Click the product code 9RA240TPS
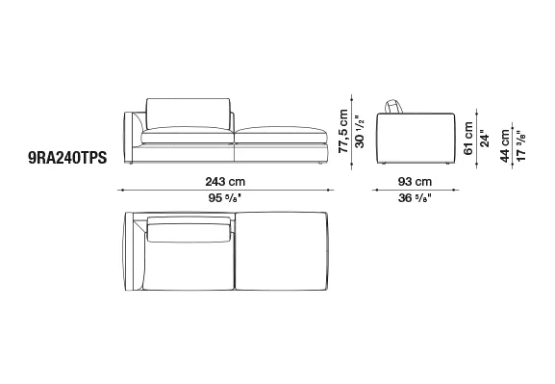click(67, 158)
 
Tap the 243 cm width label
click(225, 182)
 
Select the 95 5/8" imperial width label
click(225, 198)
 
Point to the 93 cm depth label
click(415, 182)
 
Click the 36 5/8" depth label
click(415, 198)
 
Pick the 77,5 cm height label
click(343, 131)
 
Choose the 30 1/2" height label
click(360, 132)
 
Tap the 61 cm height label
click(468, 139)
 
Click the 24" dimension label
click(485, 141)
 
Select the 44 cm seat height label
click(505, 146)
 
